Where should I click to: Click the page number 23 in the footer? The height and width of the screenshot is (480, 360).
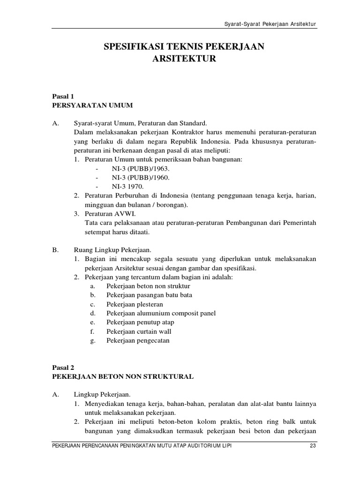click(313, 445)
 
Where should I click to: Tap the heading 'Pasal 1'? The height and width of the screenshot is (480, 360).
click(63, 97)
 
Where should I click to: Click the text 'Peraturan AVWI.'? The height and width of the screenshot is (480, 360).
click(107, 214)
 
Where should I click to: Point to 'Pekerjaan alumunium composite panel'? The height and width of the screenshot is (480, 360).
click(161, 313)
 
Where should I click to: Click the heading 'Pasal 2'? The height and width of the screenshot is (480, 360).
click(63, 368)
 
